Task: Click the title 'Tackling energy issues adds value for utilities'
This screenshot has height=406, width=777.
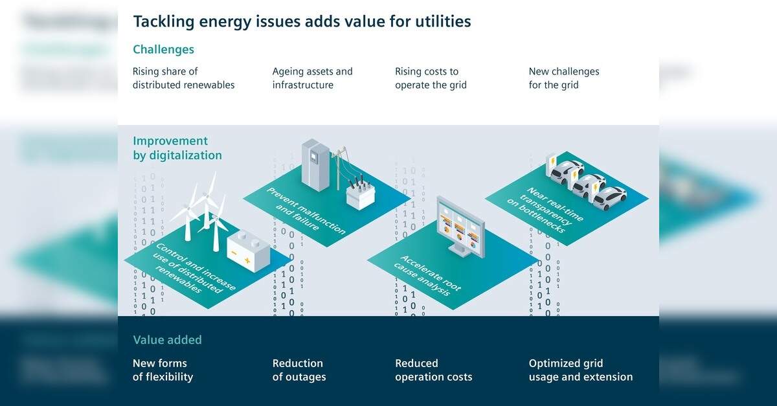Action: coord(302,21)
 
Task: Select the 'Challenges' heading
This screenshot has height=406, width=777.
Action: coord(163,49)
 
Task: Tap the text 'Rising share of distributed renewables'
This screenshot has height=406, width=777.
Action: coord(183,78)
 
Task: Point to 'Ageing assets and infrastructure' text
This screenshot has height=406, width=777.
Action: coord(312,78)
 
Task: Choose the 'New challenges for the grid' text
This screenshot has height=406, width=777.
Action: coord(563,78)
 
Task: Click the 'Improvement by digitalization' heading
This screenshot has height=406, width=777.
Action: coord(177,148)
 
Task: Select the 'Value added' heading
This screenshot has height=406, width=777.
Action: coord(167,340)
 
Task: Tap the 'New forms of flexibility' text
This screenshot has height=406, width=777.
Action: coord(163,370)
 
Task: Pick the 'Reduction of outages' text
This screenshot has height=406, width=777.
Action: coord(298,370)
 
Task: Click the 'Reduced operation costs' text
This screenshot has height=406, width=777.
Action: coord(433,370)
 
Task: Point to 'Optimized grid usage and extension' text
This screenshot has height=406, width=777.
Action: coord(580,370)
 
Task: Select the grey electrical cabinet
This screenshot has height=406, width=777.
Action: coord(315,164)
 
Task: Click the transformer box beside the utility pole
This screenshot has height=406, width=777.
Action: coord(361,191)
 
